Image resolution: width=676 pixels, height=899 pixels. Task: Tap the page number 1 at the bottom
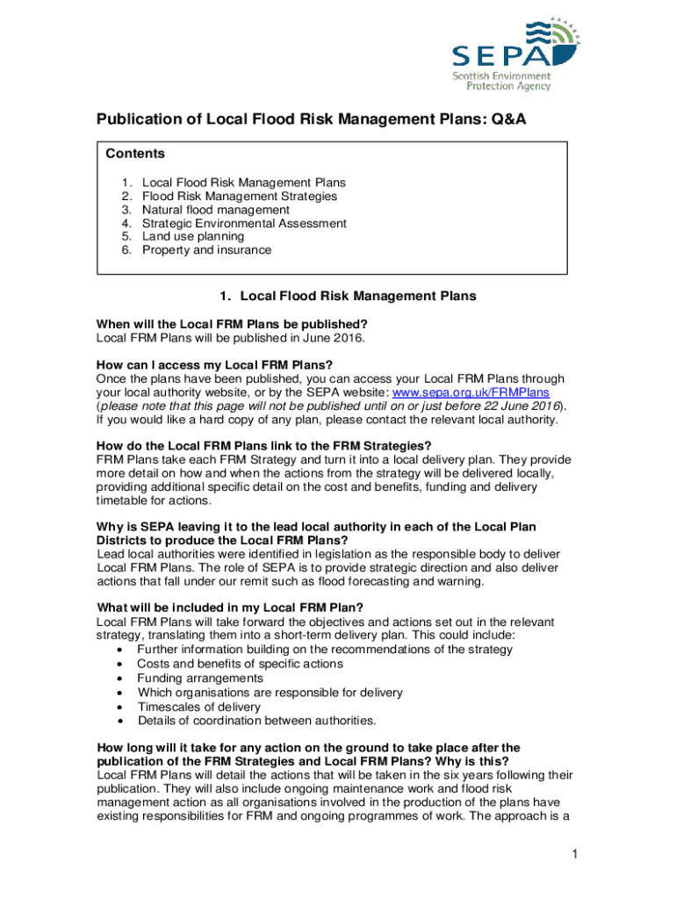(571, 854)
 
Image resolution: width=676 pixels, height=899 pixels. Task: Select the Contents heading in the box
(135, 154)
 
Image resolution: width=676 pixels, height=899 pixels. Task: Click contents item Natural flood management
(215, 210)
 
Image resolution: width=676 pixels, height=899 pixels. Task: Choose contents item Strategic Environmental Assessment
(244, 223)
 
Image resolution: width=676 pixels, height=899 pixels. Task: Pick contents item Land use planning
(193, 236)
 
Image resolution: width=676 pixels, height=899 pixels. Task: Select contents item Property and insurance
(206, 249)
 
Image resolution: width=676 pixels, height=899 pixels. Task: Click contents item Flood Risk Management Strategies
(239, 197)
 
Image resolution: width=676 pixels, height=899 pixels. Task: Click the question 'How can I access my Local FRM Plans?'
(214, 365)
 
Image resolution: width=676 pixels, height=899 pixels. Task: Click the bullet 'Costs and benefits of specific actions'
(239, 664)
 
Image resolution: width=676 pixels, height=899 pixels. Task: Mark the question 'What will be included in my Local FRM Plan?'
(230, 608)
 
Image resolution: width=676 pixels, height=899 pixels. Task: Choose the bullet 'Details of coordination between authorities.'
(256, 721)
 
